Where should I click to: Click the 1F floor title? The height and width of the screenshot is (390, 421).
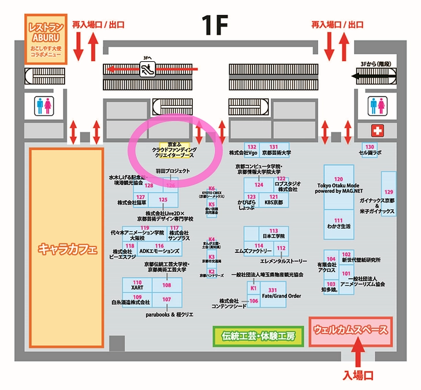[215, 25]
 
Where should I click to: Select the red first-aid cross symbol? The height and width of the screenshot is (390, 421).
[377, 129]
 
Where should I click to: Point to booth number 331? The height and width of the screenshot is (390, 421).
[273, 289]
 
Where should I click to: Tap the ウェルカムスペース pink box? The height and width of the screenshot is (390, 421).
[350, 331]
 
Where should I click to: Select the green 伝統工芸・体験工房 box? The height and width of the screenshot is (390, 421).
[258, 336]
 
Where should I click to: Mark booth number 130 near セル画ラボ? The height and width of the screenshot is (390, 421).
[370, 146]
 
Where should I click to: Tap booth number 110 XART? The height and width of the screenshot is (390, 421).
[137, 283]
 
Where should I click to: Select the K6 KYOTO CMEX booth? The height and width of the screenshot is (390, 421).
[211, 188]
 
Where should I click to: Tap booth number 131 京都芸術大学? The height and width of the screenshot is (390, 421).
[274, 147]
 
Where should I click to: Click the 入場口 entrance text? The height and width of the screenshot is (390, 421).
[358, 375]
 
